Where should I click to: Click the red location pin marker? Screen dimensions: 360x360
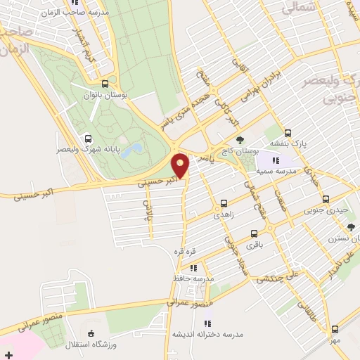[x=181, y=165]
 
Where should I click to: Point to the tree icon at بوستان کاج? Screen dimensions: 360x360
[x=240, y=139]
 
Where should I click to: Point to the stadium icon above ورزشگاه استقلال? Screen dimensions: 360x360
[x=90, y=333]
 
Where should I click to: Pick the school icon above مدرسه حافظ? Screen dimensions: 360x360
[x=193, y=267]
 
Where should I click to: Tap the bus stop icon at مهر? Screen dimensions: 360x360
[x=335, y=328]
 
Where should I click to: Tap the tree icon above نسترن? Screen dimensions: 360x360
[x=351, y=226]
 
